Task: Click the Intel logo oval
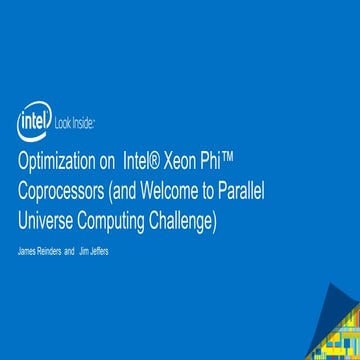coord(33,123)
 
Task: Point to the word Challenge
coord(184,220)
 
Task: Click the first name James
coord(30,250)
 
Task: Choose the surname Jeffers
coord(100,250)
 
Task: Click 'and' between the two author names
coord(70,250)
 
